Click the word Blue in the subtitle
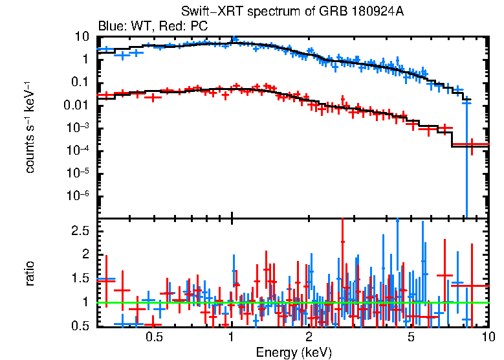click(109, 27)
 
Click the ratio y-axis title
click(30, 273)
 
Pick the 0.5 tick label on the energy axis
click(153, 337)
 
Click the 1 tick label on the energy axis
click(231, 337)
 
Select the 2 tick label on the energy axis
click(309, 337)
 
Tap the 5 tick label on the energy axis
click(411, 337)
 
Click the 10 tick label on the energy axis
click(487, 337)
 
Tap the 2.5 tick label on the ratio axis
click(80, 231)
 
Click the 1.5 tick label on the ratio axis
click(80, 278)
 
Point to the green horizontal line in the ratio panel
click(291, 302)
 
